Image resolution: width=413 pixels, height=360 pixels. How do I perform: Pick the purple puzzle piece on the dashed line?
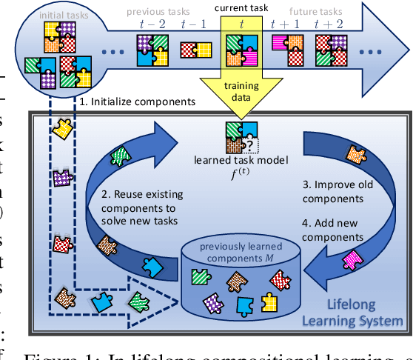click(x=63, y=178)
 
